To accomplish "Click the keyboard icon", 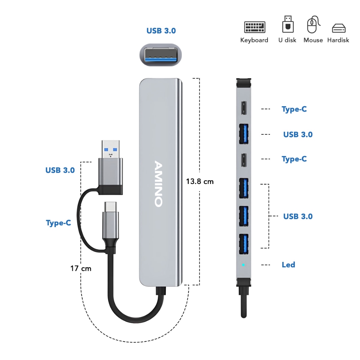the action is [x=255, y=27].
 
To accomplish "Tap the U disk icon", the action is [x=288, y=24].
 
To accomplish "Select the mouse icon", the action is [x=313, y=24].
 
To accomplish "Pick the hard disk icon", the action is [x=339, y=28].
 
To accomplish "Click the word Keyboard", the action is [x=254, y=40].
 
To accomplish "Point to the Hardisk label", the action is [x=338, y=40].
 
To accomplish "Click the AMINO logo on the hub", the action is [x=159, y=184].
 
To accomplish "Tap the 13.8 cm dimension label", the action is [x=200, y=182].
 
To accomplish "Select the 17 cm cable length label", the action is [x=81, y=268].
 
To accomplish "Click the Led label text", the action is [x=288, y=265].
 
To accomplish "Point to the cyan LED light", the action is [x=243, y=265].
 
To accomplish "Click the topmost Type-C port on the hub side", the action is [x=244, y=108].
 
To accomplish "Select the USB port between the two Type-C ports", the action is [x=244, y=134].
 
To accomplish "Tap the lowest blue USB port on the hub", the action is [x=244, y=244].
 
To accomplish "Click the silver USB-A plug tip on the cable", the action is [x=111, y=149].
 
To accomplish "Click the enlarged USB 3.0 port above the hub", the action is [x=161, y=55].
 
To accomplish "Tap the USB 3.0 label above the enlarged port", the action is [x=161, y=31].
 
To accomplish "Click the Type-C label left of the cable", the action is [x=58, y=223].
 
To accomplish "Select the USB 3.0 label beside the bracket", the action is [x=298, y=216].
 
